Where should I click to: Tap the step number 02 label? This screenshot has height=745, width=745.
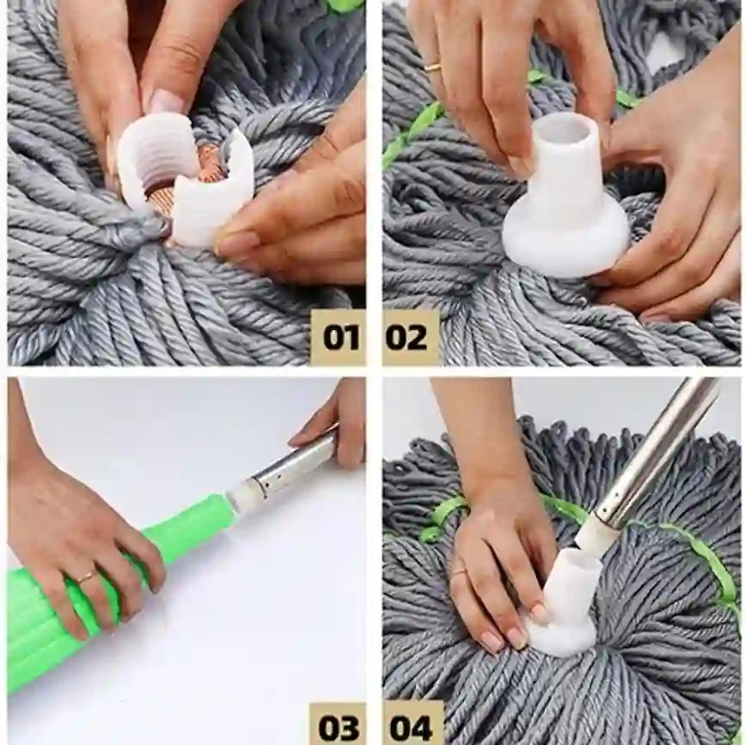click(407, 337)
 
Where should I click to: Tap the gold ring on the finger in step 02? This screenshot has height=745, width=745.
click(433, 66)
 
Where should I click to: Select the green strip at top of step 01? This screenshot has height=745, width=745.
click(344, 5)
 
